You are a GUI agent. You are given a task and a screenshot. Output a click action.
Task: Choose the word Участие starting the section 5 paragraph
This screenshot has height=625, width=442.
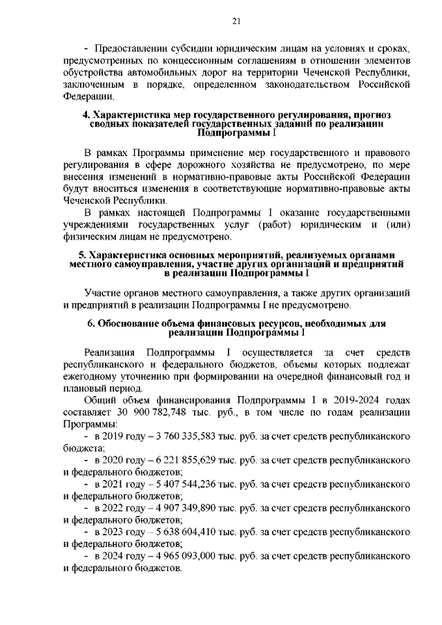coord(104,293)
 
